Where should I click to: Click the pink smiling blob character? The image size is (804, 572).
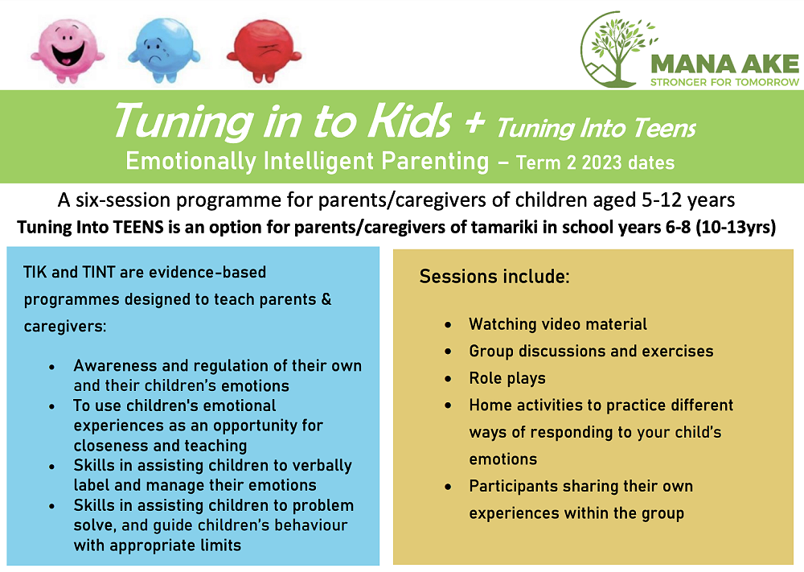pyautogui.click(x=68, y=50)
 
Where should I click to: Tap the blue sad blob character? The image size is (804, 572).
pyautogui.click(x=163, y=50)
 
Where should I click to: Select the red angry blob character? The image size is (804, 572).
pyautogui.click(x=264, y=50)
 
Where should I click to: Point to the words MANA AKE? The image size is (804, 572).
pyautogui.click(x=724, y=64)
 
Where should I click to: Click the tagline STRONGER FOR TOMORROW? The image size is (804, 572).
pyautogui.click(x=724, y=82)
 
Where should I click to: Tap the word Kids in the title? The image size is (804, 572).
pyautogui.click(x=410, y=121)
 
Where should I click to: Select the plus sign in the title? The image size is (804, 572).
pyautogui.click(x=474, y=123)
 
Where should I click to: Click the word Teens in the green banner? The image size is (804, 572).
pyautogui.click(x=665, y=128)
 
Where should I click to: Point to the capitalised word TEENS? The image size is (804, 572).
pyautogui.click(x=138, y=227)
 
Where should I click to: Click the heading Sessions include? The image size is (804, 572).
pyautogui.click(x=494, y=277)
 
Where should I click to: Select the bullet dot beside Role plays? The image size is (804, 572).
pyautogui.click(x=448, y=379)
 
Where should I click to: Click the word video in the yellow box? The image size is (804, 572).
pyautogui.click(x=561, y=324)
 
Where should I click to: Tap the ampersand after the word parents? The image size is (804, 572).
pyautogui.click(x=326, y=299)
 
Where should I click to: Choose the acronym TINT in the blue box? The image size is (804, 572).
pyautogui.click(x=97, y=272)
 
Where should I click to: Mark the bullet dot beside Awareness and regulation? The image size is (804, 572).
pyautogui.click(x=51, y=367)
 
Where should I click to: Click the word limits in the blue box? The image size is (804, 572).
pyautogui.click(x=219, y=545)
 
